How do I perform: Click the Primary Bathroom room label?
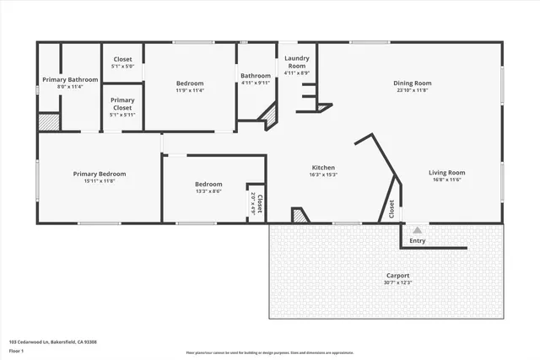[x=70, y=79]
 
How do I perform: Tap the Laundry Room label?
[x=296, y=62]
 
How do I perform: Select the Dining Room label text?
[x=413, y=83]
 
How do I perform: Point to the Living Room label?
[x=448, y=173]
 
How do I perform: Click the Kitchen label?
[x=324, y=168]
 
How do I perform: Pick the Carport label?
[x=398, y=276]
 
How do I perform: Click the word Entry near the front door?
[x=418, y=241]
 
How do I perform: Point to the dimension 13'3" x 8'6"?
[x=208, y=191]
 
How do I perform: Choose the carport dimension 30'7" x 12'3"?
[x=398, y=283]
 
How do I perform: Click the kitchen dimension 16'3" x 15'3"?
[x=324, y=175]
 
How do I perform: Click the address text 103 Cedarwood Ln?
[x=34, y=342]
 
